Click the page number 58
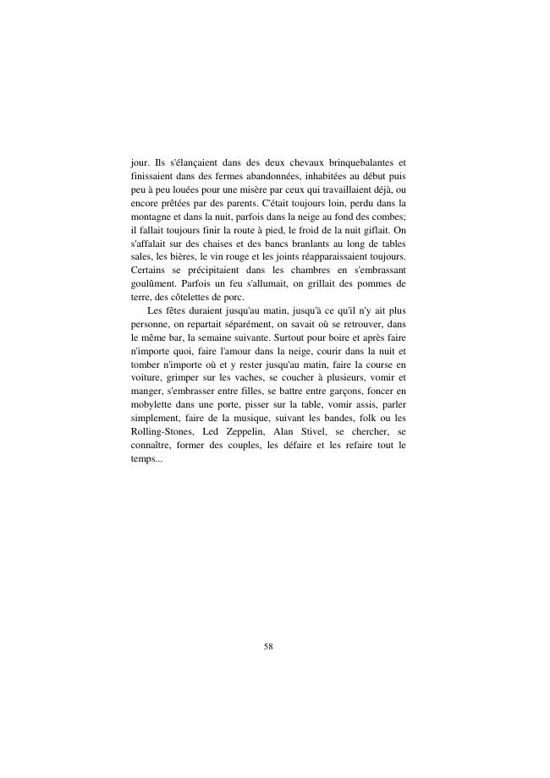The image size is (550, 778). point(268,646)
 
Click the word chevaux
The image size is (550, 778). point(293,162)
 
